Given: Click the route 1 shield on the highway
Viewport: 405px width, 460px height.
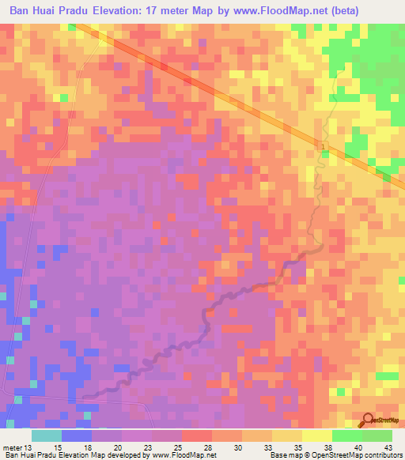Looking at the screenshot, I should (324, 146).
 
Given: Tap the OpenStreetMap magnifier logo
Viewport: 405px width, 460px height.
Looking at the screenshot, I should (369, 420).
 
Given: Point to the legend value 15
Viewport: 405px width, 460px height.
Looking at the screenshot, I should (57, 447).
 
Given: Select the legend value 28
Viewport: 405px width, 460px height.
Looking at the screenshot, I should (209, 447).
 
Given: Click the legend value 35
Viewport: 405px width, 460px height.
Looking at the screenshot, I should (285, 447).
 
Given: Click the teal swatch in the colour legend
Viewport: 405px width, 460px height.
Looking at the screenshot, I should (47, 435).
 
